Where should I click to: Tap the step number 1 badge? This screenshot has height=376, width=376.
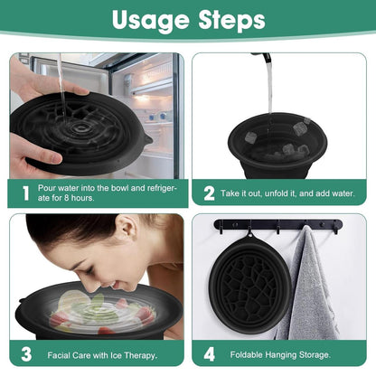(x=25, y=193)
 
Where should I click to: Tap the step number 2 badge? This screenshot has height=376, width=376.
(x=210, y=193)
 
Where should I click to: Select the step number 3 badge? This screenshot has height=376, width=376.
(x=25, y=354)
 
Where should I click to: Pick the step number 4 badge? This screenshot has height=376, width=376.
(x=210, y=354)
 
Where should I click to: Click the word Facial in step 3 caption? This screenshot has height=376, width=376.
(x=59, y=354)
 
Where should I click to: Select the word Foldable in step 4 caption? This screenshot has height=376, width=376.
(x=249, y=354)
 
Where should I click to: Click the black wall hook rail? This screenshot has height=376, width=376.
(x=280, y=224)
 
